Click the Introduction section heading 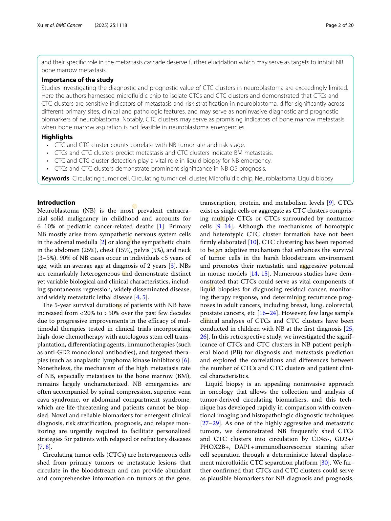[56, 202]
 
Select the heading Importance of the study [77, 80]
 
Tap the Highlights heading [57, 137]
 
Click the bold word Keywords [55, 178]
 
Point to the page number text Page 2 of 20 [339, 25]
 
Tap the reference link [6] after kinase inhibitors [186, 360]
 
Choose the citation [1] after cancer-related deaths [161, 226]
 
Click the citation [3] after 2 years [171, 266]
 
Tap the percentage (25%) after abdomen [94, 250]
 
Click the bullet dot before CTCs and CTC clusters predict [48, 153]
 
